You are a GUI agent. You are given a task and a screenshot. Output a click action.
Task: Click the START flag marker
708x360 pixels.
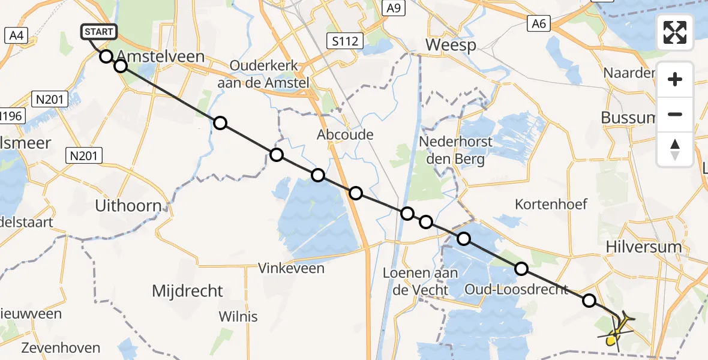coord(97,32)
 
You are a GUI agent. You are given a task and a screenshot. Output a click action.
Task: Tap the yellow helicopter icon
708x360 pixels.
coord(617,329)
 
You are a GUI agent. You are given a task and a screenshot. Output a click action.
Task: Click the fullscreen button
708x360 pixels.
coord(675,32)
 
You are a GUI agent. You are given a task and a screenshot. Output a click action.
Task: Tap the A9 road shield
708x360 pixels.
coord(393,8)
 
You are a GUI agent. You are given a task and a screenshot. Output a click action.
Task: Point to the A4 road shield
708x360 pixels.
coord(16,35)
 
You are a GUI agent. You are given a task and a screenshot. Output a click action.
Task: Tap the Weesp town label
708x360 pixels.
coord(451,45)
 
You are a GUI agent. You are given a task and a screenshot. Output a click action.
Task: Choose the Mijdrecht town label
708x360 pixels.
coord(187,292)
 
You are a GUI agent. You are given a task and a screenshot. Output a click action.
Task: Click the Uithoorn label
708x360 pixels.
coord(128,206)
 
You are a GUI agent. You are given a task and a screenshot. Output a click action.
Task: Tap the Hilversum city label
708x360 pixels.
coord(644,247)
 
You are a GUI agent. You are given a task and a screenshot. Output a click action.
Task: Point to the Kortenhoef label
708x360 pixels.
coord(551,205)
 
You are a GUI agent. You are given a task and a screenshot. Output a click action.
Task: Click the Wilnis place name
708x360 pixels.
coord(238,316)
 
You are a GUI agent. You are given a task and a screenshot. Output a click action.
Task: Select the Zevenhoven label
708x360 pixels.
coord(61,348)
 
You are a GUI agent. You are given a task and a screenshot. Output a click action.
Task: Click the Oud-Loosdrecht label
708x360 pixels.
coord(517,290)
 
